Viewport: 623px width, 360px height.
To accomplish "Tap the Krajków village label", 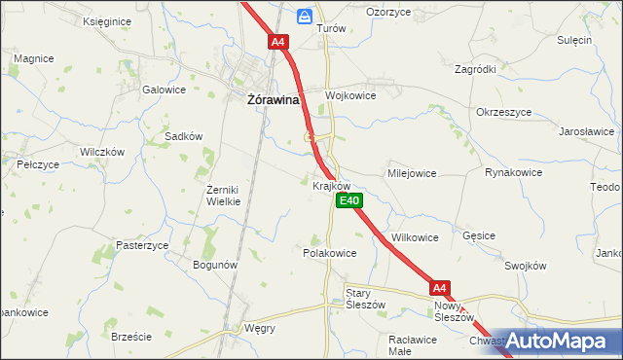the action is tap(332, 184).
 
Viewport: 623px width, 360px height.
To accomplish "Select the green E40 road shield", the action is tap(349, 200).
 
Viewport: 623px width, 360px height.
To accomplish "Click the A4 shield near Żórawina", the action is tap(278, 42).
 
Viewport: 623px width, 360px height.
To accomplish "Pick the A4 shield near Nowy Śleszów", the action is tap(440, 287).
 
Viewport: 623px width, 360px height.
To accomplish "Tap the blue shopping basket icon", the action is tap(305, 17).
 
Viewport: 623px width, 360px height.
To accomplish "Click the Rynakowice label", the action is tap(513, 171).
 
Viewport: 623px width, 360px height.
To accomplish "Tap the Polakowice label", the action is tap(330, 252).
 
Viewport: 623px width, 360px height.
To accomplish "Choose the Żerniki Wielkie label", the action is tap(223, 195).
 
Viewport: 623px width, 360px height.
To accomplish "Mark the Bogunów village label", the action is tap(216, 265).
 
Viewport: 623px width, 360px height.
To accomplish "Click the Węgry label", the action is tap(260, 328).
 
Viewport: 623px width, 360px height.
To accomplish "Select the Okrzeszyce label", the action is tap(504, 112).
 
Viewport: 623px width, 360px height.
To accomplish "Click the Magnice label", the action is tap(33, 58).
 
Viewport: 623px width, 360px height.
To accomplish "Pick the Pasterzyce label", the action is tap(142, 245).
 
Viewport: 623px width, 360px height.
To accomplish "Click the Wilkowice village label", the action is tap(415, 237).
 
